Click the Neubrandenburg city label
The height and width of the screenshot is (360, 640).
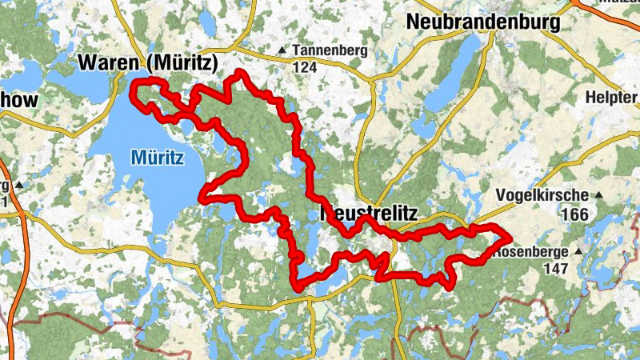483,22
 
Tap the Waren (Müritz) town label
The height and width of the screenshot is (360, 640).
148,62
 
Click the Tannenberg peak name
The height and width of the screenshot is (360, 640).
330,51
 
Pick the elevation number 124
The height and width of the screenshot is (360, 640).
305,68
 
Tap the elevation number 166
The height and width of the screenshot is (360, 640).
574,214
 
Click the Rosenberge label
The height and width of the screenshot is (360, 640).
531,251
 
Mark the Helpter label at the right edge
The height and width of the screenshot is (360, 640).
612,96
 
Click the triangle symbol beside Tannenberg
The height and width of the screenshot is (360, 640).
281,51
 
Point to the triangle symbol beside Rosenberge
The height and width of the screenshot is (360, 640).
578,251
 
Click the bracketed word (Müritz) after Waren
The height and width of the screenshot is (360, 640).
183,62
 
